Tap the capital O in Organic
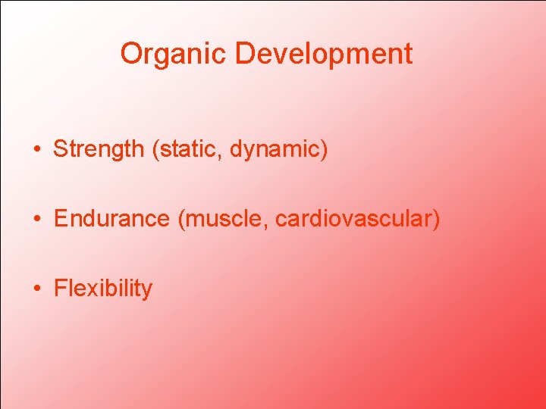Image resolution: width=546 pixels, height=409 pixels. point(131,54)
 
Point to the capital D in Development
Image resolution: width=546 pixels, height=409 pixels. point(244,54)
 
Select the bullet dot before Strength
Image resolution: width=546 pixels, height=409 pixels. point(36,150)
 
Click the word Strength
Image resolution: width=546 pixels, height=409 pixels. point(99,149)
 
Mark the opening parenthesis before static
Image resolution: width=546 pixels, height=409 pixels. point(156,150)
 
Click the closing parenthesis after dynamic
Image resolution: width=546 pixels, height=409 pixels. point(325,150)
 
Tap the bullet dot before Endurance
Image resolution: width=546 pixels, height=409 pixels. point(36,220)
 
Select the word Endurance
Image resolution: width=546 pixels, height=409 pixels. point(112,219)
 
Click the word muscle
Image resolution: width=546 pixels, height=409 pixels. point(224,219)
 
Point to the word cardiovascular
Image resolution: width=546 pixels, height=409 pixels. point(353,219)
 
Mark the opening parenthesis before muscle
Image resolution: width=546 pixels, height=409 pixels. point(181,220)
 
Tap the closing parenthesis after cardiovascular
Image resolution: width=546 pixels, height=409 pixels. point(436,220)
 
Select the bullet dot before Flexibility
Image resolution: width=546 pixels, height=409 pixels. point(36,289)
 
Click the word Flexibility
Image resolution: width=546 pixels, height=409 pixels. point(103,289)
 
